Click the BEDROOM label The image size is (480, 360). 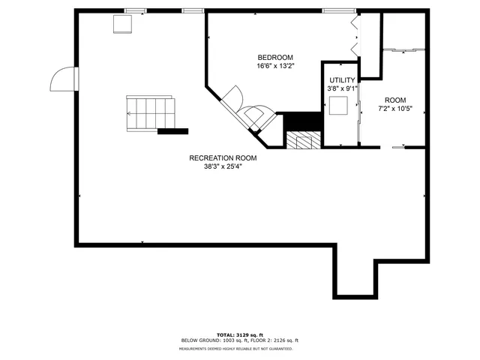pos(275,58)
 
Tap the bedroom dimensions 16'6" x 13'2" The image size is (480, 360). pos(275,66)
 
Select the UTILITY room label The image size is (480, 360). pos(341,79)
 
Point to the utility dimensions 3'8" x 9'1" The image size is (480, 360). pos(341,88)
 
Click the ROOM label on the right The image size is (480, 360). pos(395,100)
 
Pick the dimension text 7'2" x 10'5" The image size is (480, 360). pos(395,109)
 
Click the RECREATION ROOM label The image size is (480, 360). pos(223,158)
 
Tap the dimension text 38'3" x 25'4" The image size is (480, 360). pos(223,166)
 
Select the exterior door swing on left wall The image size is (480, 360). pos(63,78)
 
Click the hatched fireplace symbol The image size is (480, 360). pos(304,140)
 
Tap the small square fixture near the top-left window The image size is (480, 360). pos(121,24)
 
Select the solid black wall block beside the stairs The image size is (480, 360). pos(172,131)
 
